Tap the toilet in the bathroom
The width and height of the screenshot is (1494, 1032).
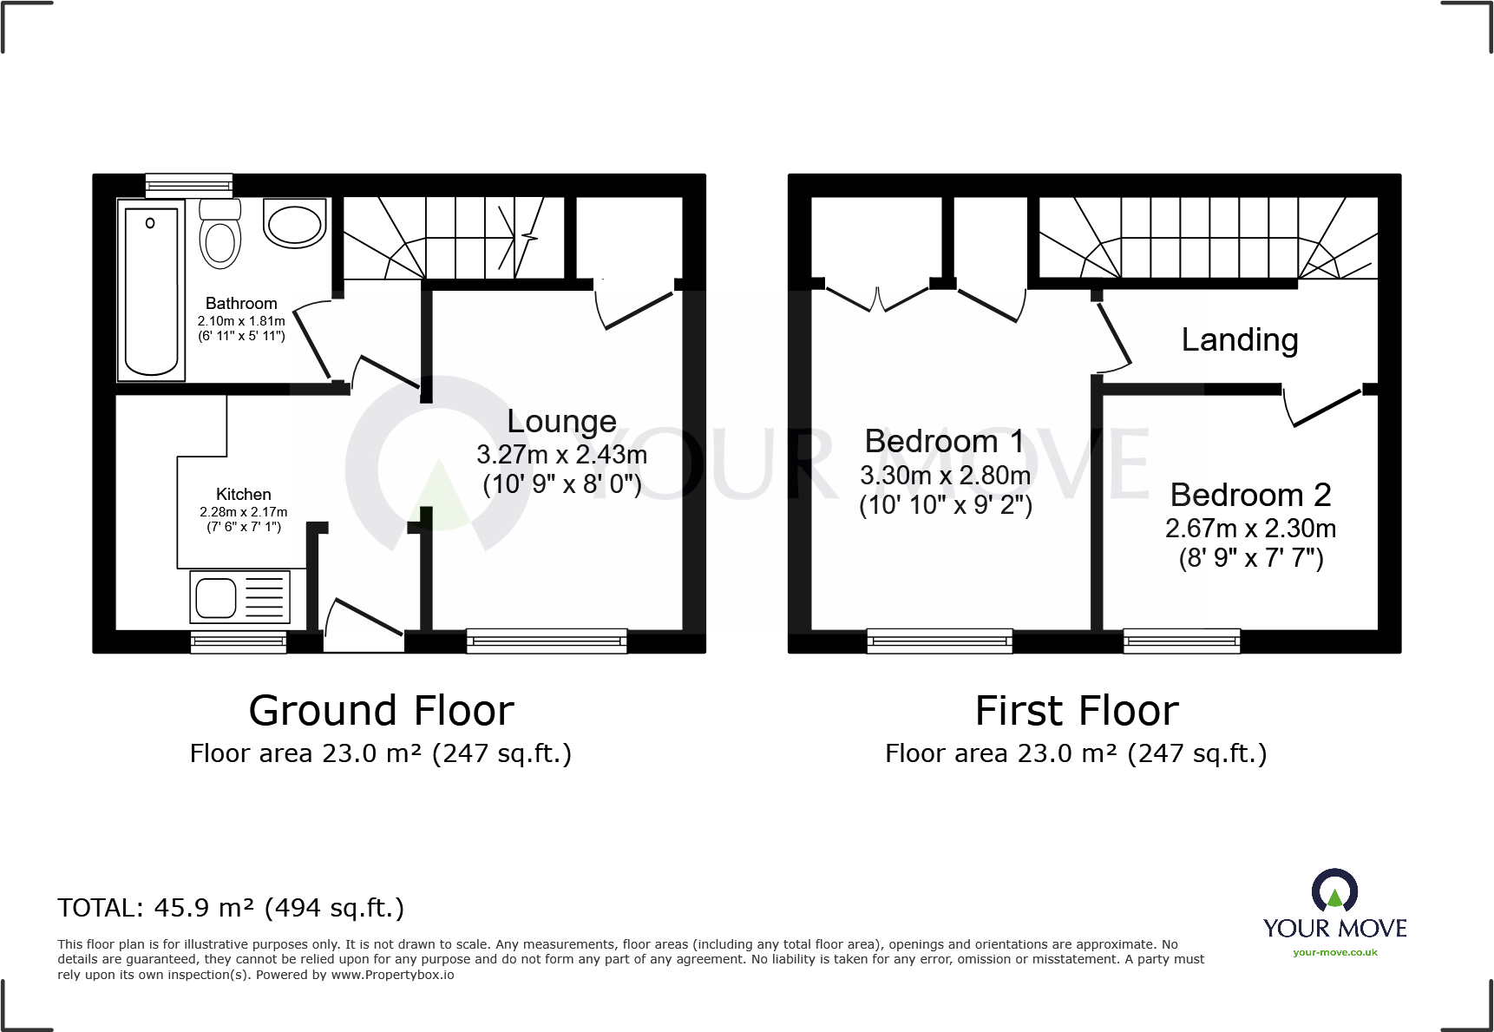click(220, 234)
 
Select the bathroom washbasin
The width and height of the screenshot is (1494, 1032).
click(295, 224)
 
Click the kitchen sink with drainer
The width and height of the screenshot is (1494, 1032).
click(239, 596)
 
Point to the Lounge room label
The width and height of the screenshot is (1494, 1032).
click(561, 422)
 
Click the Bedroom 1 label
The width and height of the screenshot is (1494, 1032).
click(944, 442)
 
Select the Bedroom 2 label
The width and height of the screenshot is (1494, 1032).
click(1250, 496)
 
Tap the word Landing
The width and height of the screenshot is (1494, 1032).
click(1240, 340)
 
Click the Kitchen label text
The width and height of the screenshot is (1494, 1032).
click(243, 494)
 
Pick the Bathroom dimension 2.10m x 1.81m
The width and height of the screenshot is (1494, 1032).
click(241, 321)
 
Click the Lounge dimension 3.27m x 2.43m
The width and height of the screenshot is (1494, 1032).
click(561, 455)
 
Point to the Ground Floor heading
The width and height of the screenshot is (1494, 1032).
click(381, 711)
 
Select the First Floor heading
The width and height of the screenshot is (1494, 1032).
click(1077, 711)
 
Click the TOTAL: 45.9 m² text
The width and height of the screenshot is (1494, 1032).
click(231, 908)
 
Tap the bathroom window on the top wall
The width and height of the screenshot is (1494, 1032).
click(188, 184)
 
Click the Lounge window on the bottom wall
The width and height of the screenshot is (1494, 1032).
click(547, 641)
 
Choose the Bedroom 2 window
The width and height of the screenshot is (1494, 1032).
click(1182, 641)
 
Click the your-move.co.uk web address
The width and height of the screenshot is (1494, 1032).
click(1334, 952)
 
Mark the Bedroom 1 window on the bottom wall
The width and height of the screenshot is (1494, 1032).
click(940, 641)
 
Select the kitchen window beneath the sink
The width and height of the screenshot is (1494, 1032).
click(239, 642)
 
